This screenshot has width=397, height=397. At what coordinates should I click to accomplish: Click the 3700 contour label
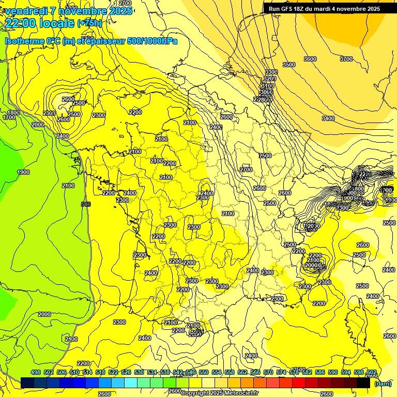coord(346,59)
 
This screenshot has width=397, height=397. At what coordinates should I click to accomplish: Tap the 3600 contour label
coord(310,59)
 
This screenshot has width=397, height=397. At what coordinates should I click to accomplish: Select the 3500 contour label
coord(288,65)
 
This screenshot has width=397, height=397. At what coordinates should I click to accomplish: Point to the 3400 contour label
coord(328,118)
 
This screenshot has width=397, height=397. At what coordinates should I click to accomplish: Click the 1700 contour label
coord(9,118)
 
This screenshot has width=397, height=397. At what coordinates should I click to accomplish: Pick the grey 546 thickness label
coord(86,204)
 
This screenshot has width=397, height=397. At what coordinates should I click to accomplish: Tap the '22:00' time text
coord(21,23)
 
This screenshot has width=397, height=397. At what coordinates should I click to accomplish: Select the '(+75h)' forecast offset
coord(89,23)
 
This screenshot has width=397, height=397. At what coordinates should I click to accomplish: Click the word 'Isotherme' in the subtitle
coord(24,41)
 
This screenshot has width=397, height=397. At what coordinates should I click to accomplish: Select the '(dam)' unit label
coord(383,383)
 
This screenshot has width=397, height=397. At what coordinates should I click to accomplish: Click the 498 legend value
coord(36,372)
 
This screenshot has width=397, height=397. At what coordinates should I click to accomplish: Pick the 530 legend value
coord(139,372)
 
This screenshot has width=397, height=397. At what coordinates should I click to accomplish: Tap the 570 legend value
coord(268,372)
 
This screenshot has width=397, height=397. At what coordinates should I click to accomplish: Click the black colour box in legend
coord(363,383)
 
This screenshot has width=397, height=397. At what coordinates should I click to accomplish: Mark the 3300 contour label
coord(271,71)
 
